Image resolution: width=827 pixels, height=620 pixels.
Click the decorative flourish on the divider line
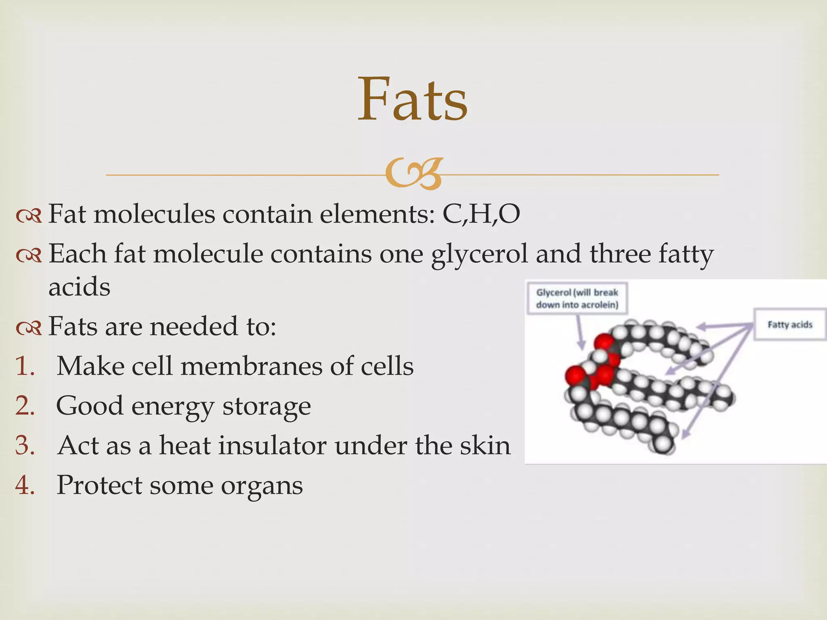tap(414, 174)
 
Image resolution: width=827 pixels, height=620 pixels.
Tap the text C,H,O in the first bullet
tap(481, 214)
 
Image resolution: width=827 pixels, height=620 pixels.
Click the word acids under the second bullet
tap(79, 287)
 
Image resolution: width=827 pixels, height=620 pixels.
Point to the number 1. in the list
tap(25, 366)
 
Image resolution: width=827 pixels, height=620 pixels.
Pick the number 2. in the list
tap(25, 406)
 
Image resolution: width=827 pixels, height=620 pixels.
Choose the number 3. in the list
tap(25, 445)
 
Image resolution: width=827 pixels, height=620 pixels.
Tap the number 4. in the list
tap(25, 485)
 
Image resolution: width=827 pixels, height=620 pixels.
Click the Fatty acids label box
tap(789, 325)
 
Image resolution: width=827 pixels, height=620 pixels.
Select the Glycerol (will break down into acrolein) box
tap(577, 298)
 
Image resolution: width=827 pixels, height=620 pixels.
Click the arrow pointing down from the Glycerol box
tap(580, 332)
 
